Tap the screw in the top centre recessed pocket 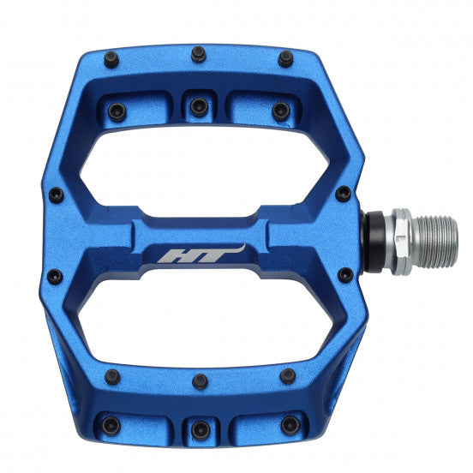[x=199, y=107]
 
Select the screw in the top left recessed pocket [x=117, y=111]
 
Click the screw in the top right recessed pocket [x=280, y=111]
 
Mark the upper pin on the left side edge [x=57, y=195]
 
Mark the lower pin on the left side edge [x=56, y=276]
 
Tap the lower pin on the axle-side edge [x=344, y=275]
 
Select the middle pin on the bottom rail [x=199, y=381]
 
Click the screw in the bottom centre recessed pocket [x=199, y=428]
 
